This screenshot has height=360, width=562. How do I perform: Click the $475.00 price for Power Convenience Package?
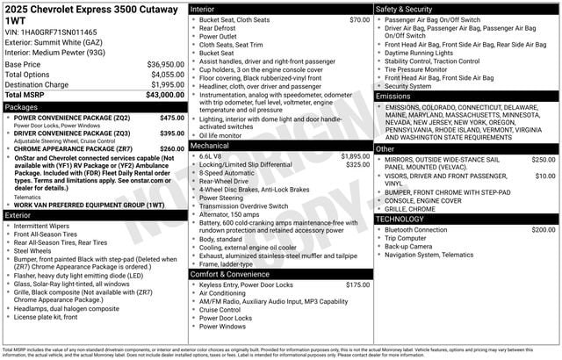(x=172, y=117)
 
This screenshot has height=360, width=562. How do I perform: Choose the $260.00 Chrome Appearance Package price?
(x=172, y=148)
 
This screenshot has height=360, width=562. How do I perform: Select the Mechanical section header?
(x=211, y=145)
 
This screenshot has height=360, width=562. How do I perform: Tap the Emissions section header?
(x=393, y=96)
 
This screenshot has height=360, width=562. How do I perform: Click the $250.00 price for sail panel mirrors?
(x=543, y=160)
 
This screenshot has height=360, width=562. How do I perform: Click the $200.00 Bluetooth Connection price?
(x=543, y=229)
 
